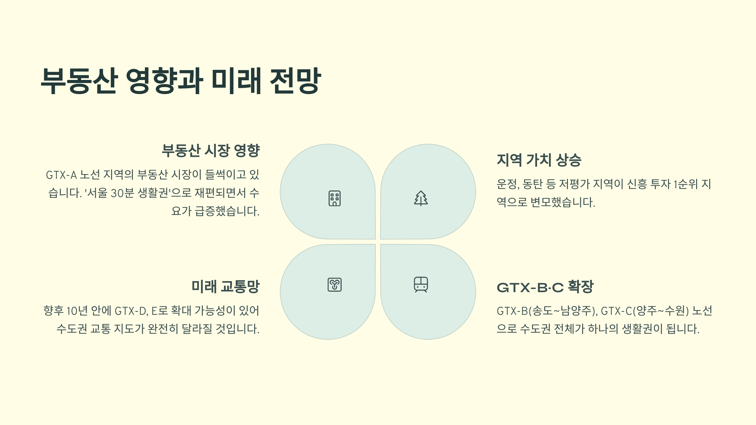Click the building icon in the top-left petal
click(335, 198)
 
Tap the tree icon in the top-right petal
click(421, 198)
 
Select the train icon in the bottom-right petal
click(421, 285)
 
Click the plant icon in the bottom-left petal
click(335, 285)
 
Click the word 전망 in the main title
click(295, 81)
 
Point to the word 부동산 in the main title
click(79, 81)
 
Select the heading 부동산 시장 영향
click(210, 150)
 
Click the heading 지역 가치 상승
click(539, 160)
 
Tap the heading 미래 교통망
click(226, 286)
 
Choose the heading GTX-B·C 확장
click(545, 287)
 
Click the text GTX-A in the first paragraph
click(61, 175)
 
